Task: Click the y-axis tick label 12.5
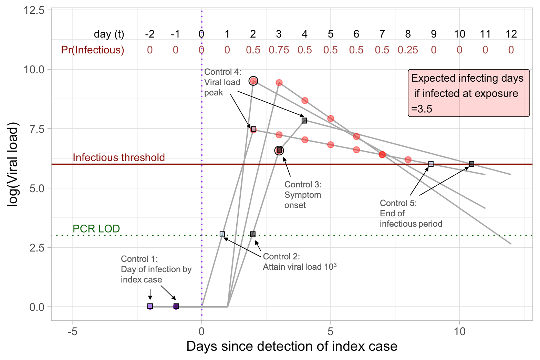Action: (x=34, y=10)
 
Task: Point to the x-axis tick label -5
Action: (x=72, y=331)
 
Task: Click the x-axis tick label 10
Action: (x=459, y=331)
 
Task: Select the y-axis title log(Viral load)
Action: (x=12, y=165)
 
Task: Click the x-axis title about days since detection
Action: (x=292, y=346)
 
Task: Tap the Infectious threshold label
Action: (x=119, y=157)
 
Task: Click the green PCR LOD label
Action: (x=96, y=228)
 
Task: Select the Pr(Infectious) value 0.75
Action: (x=279, y=50)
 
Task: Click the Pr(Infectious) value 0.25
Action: (x=408, y=50)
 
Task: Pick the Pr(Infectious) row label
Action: (x=92, y=50)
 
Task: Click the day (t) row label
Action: (x=109, y=34)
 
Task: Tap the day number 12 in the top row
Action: (x=511, y=34)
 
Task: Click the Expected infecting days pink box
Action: (x=468, y=93)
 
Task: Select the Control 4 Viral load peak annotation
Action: (x=222, y=82)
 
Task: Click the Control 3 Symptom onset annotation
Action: (x=303, y=195)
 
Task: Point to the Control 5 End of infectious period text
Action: (x=411, y=214)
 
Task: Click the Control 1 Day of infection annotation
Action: (x=156, y=269)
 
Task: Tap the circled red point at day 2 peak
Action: (x=253, y=81)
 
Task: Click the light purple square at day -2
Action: (x=150, y=306)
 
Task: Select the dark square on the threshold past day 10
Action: (x=471, y=164)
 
